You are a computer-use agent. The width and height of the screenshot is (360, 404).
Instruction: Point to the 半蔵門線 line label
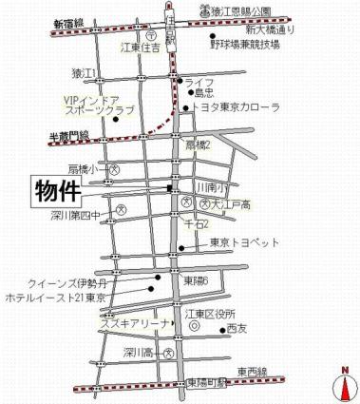coord(68,136)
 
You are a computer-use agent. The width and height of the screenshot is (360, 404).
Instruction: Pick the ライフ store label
coord(200,83)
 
